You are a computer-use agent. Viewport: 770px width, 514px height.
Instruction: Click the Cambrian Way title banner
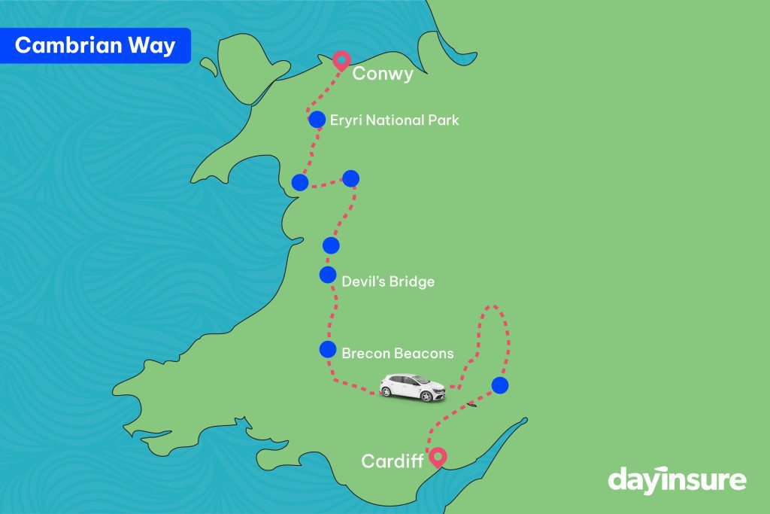(95, 46)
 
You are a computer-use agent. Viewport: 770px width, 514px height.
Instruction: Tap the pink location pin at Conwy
(341, 60)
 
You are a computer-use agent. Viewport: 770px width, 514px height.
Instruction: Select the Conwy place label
(383, 73)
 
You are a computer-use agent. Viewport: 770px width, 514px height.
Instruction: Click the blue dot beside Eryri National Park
(317, 120)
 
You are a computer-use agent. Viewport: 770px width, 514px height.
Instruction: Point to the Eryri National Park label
(395, 120)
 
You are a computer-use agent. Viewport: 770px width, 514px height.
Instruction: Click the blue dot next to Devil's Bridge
(328, 275)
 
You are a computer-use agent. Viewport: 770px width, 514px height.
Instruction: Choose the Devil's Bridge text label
(388, 282)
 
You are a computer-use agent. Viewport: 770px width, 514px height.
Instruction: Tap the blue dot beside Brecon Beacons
(327, 349)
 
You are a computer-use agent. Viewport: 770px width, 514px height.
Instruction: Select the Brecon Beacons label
(397, 353)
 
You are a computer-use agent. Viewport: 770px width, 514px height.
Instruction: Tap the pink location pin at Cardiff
(437, 456)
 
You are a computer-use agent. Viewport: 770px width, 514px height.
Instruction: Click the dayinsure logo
(677, 479)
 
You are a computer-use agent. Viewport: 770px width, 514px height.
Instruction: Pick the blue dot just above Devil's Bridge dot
(331, 245)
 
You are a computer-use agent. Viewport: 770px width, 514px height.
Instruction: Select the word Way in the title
(152, 46)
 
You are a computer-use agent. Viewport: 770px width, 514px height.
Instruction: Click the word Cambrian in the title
(68, 46)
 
